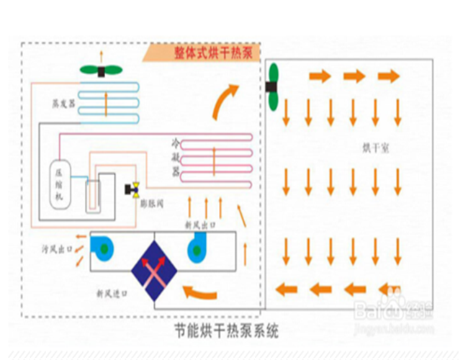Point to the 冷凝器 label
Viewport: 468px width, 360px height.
point(176,155)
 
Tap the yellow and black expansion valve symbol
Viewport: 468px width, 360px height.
point(134,190)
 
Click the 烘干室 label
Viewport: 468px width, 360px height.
point(376,149)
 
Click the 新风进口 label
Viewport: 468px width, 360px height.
point(111,294)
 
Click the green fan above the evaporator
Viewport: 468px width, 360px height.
point(101,71)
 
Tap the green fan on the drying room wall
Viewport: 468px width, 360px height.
point(274,87)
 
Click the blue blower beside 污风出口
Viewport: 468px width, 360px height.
point(104,247)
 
